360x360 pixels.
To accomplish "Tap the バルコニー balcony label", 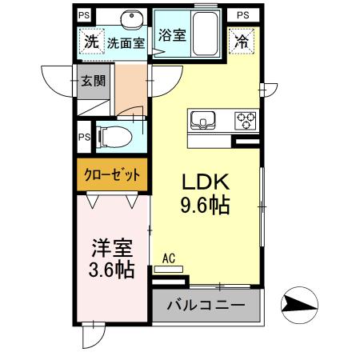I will pyautogui.click(x=206, y=306).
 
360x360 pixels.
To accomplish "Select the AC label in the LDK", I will pyautogui.click(x=169, y=258).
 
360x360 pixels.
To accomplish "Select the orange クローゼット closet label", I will pyautogui.click(x=112, y=174).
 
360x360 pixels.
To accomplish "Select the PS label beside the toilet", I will pyautogui.click(x=82, y=135).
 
